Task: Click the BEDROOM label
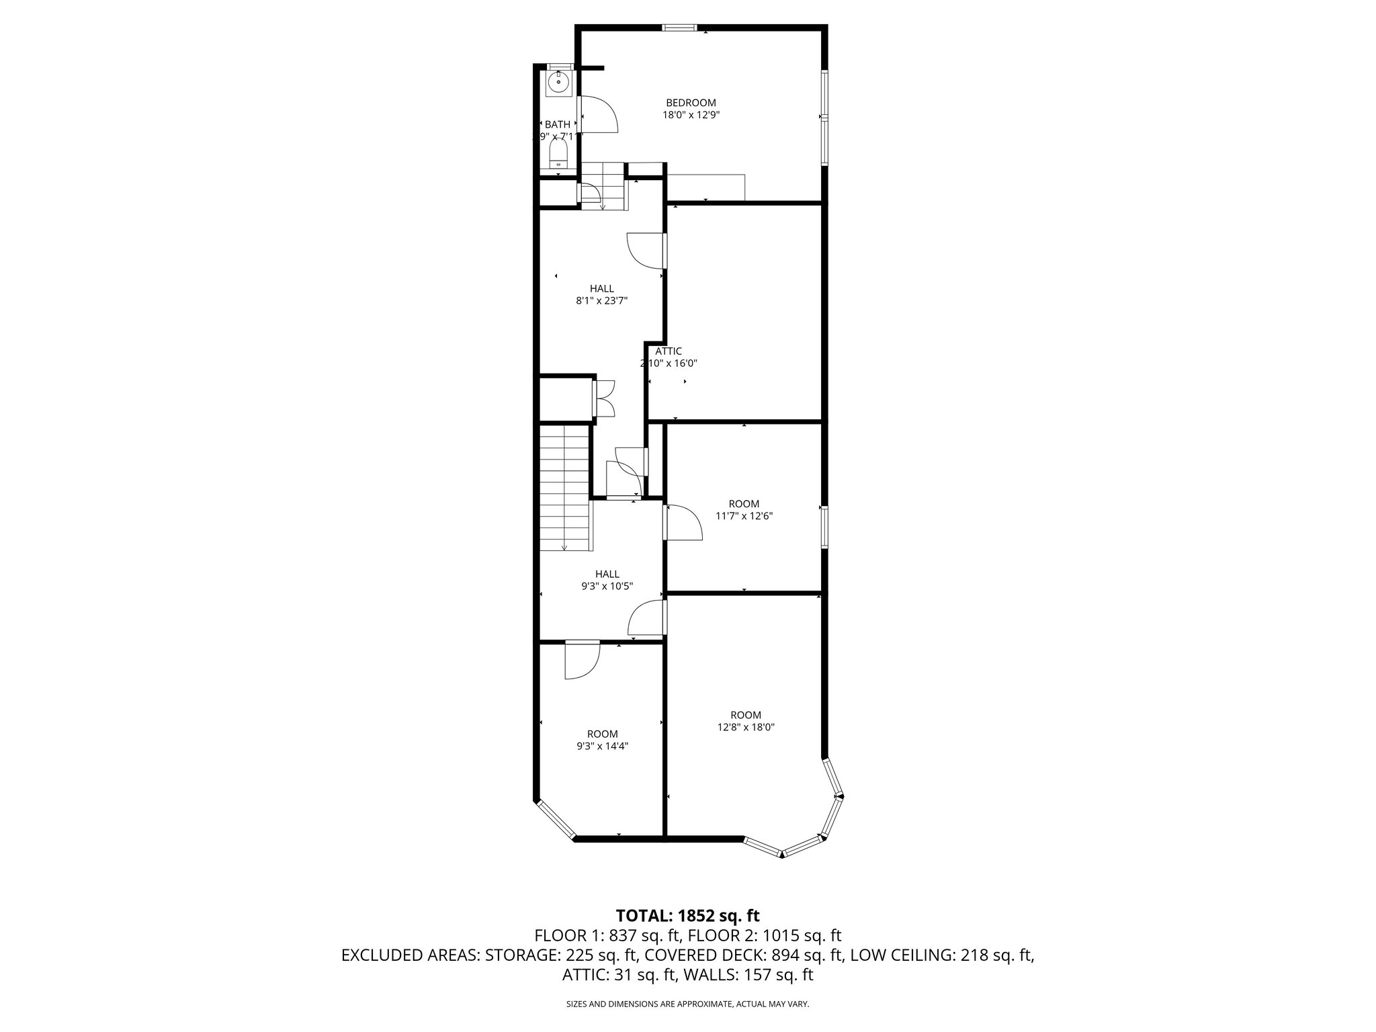[x=691, y=103]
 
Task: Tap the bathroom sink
[x=558, y=83]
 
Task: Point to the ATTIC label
[x=669, y=351]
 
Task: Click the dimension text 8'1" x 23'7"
[x=601, y=301]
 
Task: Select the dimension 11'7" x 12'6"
[x=744, y=516]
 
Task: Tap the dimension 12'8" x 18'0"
[x=746, y=727]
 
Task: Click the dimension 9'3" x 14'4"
[x=602, y=746]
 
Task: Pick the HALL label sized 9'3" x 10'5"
[x=607, y=574]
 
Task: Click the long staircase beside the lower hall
[x=565, y=488]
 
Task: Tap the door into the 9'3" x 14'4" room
[x=581, y=660]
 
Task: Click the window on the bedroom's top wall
[x=679, y=28]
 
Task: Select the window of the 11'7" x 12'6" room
[x=824, y=527]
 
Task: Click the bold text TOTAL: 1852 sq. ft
[x=687, y=915]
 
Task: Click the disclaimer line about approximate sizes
[x=687, y=1004]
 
